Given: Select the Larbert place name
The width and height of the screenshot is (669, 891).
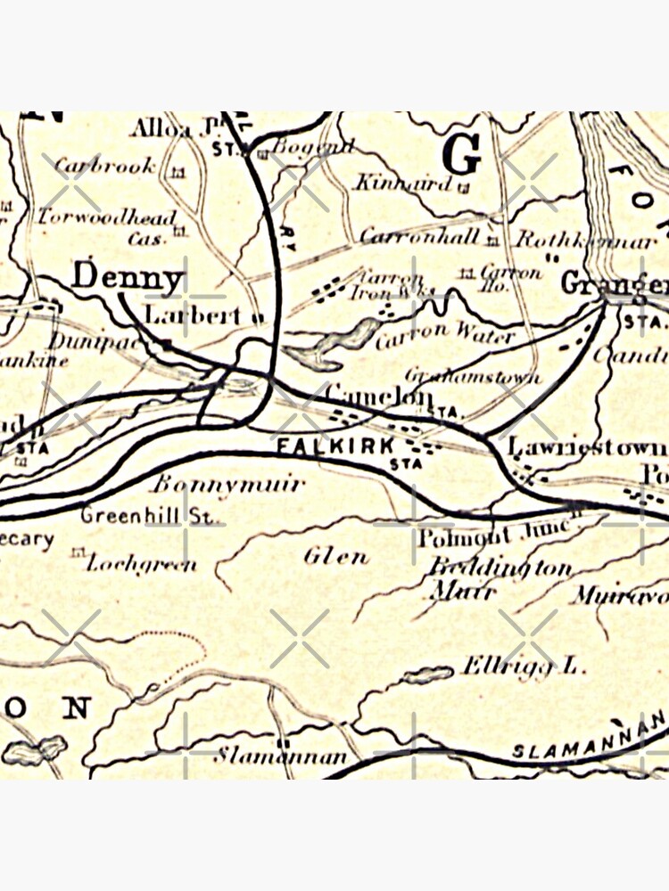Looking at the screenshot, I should click(193, 315).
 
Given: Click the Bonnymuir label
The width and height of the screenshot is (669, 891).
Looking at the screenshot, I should click(227, 485).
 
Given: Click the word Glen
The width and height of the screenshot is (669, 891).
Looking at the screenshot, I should click(335, 557).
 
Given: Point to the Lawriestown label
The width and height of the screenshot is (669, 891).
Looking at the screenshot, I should click(586, 447).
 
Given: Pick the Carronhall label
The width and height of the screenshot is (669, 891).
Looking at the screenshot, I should click(419, 237).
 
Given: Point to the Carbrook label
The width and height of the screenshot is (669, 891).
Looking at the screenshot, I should click(105, 165).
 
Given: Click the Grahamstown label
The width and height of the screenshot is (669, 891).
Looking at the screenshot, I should click(473, 377).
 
